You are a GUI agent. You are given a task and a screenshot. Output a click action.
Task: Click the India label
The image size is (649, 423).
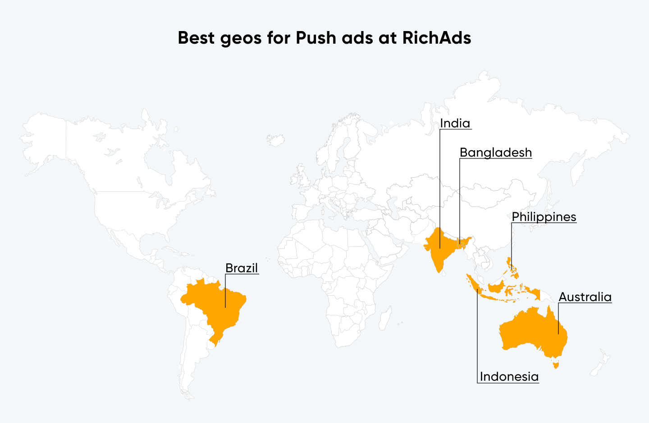click(x=455, y=123)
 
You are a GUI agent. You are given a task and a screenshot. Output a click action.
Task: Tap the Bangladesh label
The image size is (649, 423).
click(x=495, y=153)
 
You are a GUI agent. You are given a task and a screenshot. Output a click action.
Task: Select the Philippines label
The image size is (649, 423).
click(x=544, y=217)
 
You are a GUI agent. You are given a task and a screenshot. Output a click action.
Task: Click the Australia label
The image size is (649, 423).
click(x=585, y=297)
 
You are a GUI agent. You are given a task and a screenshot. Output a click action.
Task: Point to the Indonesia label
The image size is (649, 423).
click(x=509, y=377)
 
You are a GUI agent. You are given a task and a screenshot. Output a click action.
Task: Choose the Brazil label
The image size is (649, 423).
click(x=242, y=268)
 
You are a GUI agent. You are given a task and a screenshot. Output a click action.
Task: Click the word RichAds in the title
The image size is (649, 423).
click(x=436, y=38)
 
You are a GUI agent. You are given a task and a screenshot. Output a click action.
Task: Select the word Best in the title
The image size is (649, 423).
click(x=197, y=38)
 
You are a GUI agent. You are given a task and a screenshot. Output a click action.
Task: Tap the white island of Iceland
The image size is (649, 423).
click(x=275, y=139)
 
